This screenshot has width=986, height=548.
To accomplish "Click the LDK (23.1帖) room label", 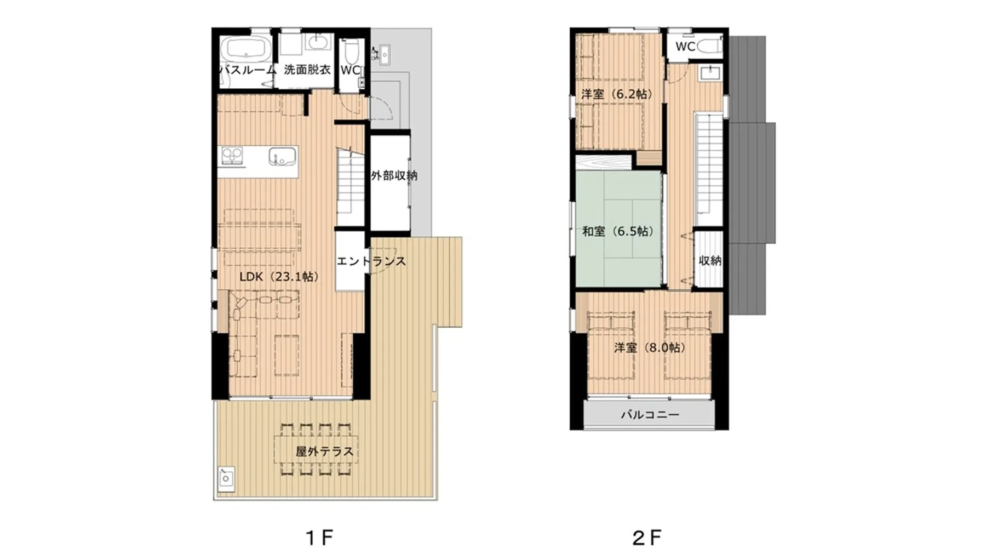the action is coord(279,277).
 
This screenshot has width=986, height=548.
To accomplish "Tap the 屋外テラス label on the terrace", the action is coord(324,452).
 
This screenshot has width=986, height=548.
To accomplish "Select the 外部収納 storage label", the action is coord(394,175).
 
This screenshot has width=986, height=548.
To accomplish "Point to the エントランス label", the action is coord(371,261).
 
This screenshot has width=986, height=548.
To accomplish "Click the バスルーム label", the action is coord(248,70).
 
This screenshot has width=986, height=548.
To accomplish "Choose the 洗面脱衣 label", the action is coord(307,70).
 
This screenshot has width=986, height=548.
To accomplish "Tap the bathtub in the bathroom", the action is coord(245,48).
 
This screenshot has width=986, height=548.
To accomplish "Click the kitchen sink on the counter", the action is coord(283,156).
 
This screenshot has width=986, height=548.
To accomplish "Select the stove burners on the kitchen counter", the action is coord(232,156).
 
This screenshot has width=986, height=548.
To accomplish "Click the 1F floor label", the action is coord(319,537).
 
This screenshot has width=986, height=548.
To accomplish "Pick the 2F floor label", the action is coord(647,537).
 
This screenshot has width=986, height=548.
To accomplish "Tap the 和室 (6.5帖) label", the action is coord(618,231).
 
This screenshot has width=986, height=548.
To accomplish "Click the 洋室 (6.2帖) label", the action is coord(617,94).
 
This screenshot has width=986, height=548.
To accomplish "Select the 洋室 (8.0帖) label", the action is coord(650,347).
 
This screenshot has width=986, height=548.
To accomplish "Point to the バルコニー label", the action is coord(650,415).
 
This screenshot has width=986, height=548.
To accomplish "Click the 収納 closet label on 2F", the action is coord(710,261).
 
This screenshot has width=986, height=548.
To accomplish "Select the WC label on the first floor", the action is coord(350,70).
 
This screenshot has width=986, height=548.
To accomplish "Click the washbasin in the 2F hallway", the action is coord(710,73).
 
